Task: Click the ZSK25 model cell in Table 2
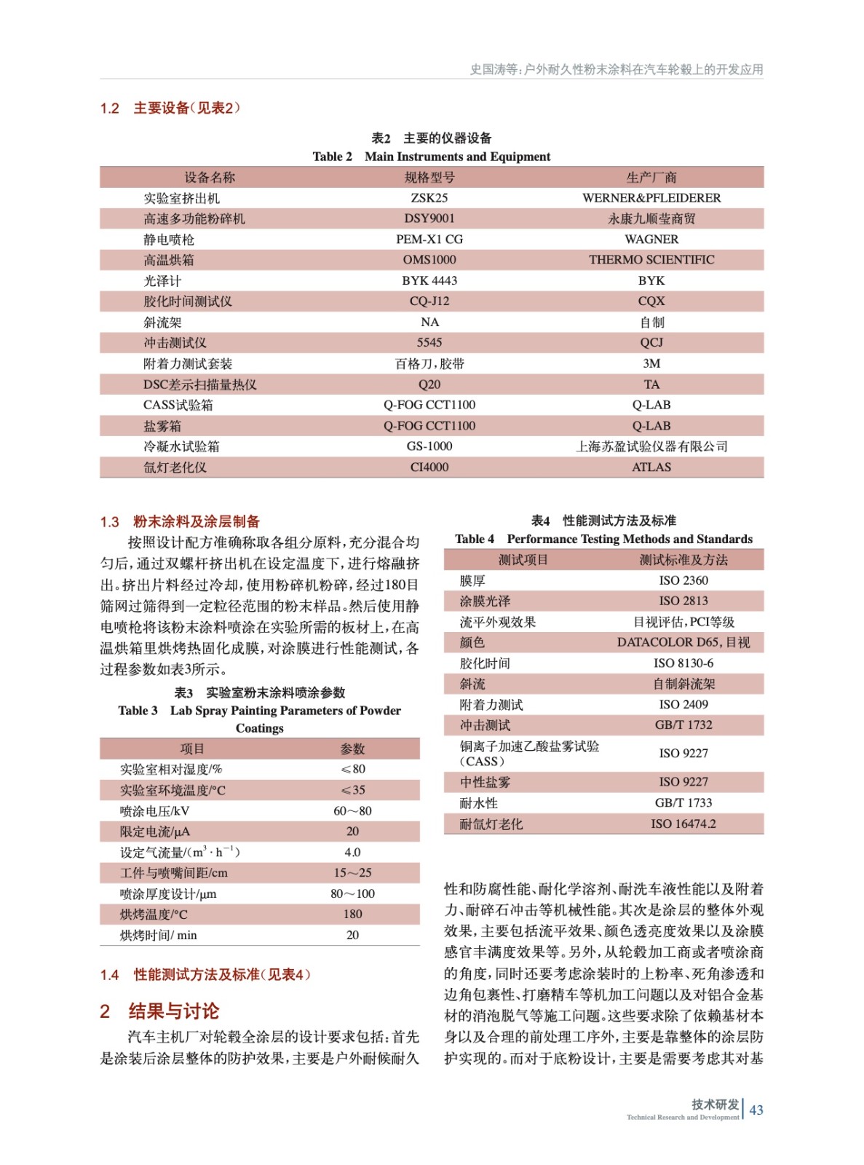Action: tap(429, 198)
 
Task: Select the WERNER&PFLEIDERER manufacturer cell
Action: tap(651, 198)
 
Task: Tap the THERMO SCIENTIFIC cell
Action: tap(651, 260)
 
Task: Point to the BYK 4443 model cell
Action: tap(429, 281)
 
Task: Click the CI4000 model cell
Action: tap(429, 467)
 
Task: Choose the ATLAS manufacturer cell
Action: tap(651, 467)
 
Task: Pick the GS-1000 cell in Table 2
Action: tap(429, 446)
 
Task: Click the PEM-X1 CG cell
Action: tap(429, 240)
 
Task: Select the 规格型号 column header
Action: tap(429, 178)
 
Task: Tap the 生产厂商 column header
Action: tap(651, 178)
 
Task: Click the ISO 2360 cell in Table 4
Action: tap(683, 580)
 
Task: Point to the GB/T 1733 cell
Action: tap(683, 803)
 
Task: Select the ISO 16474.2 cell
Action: tap(683, 824)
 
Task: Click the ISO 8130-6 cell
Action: tap(683, 663)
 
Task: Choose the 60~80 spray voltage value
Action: tap(352, 811)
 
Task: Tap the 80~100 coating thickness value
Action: tap(352, 894)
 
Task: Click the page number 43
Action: tap(756, 1110)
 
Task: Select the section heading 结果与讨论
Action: tap(173, 1011)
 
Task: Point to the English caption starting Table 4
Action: tap(603, 540)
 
